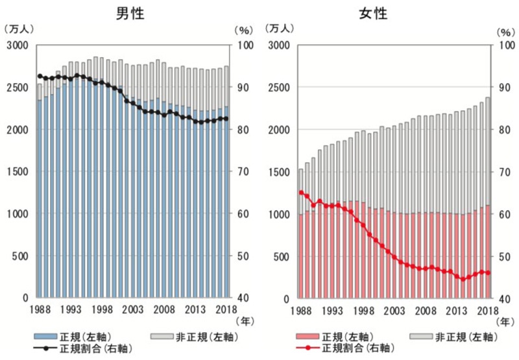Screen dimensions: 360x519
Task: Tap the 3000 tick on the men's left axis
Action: (18, 45)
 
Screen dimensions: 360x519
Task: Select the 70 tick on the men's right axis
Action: (241, 172)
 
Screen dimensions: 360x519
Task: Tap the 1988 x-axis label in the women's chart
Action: (300, 309)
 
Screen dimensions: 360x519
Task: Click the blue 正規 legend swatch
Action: (47, 337)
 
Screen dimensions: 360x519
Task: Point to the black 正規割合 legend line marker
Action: (47, 349)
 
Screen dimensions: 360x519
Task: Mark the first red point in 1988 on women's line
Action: (301, 192)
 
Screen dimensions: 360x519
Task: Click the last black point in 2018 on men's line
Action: (226, 119)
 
